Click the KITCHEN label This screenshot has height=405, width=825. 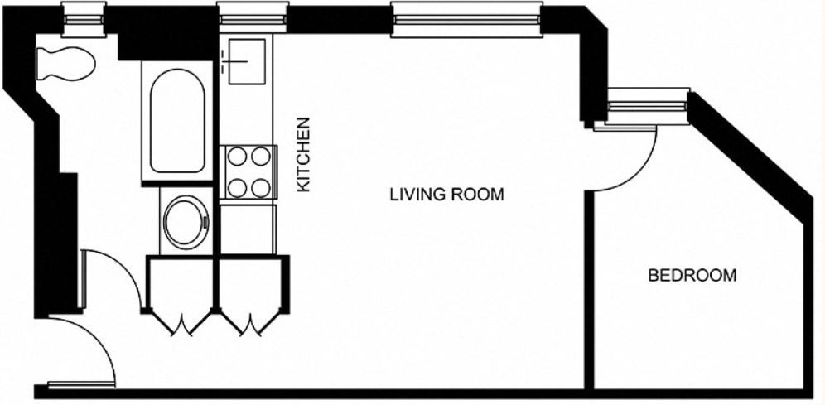[x=303, y=154]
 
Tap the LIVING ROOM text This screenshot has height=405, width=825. [x=446, y=195]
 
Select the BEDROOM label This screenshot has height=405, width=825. [x=692, y=275]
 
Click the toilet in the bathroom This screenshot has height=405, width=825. [x=65, y=64]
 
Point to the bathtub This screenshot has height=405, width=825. [x=177, y=121]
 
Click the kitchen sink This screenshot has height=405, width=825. [x=247, y=61]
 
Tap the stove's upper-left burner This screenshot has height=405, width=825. [x=238, y=156]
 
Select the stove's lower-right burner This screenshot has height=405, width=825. [x=260, y=188]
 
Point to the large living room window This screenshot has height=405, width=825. [x=466, y=19]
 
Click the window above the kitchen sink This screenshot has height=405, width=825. [x=253, y=19]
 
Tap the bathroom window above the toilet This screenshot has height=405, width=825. [x=84, y=19]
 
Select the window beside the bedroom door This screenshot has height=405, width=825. [x=647, y=106]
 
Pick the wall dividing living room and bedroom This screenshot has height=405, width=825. [x=589, y=290]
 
